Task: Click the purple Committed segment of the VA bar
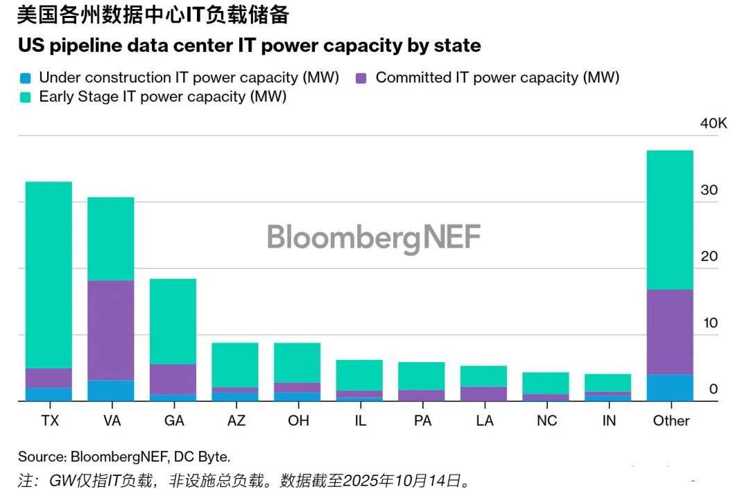pyautogui.click(x=110, y=330)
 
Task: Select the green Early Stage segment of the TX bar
pyautogui.click(x=49, y=275)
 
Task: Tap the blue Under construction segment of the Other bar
pyautogui.click(x=670, y=387)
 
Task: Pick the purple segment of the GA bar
pyautogui.click(x=173, y=379)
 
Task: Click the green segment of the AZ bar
pyautogui.click(x=235, y=365)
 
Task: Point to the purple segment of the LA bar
pyautogui.click(x=483, y=393)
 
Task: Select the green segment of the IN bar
pyautogui.click(x=608, y=383)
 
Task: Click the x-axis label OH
pyautogui.click(x=298, y=420)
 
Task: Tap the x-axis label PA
pyautogui.click(x=422, y=420)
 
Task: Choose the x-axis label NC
pyautogui.click(x=546, y=420)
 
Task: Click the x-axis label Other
pyautogui.click(x=671, y=420)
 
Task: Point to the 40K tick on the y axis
pyautogui.click(x=714, y=123)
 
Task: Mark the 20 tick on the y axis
pyautogui.click(x=709, y=256)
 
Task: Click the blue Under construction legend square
pyautogui.click(x=26, y=78)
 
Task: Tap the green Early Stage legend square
pyautogui.click(x=26, y=96)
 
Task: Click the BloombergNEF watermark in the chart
pyautogui.click(x=374, y=237)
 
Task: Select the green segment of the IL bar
pyautogui.click(x=359, y=375)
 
